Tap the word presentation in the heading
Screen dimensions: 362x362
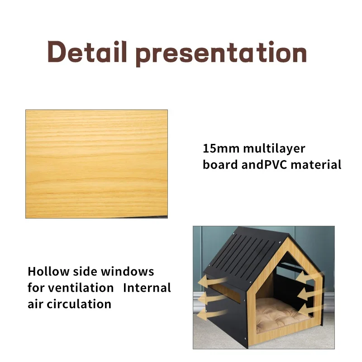[x=221, y=53]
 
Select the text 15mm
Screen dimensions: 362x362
[x=221, y=148]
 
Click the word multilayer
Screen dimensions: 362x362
[x=274, y=149]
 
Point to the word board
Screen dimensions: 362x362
[x=220, y=165]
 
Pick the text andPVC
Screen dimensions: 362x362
[x=264, y=165]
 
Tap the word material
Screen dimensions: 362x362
[x=316, y=165]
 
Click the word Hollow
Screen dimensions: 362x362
[x=48, y=271]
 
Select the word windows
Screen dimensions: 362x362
[x=128, y=271]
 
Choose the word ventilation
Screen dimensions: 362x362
[x=81, y=288]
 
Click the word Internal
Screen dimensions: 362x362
[x=147, y=288]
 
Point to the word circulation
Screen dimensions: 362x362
[x=79, y=304]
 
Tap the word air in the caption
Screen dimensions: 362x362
[x=35, y=304]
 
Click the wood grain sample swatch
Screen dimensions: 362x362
[x=96, y=164]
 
